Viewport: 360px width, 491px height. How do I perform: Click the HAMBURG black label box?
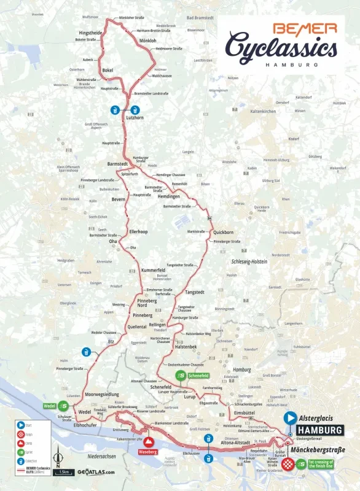[319, 430]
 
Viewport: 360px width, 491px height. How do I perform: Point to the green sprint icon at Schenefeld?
[181, 375]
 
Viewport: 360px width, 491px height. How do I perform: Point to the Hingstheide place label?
[90, 33]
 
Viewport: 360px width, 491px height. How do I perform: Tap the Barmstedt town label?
[117, 164]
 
